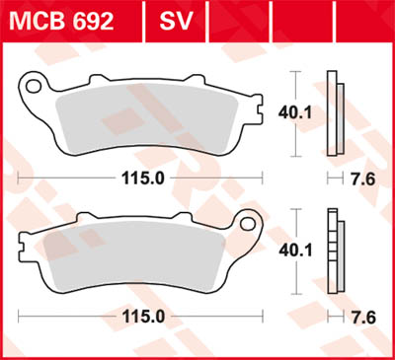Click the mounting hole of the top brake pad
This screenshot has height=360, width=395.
(x=34, y=87)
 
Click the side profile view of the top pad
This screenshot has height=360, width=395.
(x=335, y=115)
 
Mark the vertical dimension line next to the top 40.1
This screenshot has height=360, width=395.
(x=296, y=115)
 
